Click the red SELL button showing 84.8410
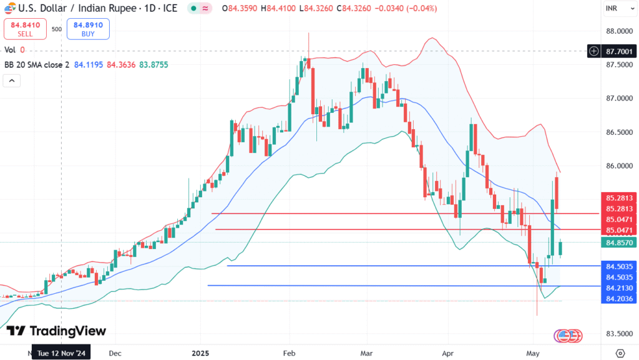click(x=25, y=29)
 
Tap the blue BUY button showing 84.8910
click(x=88, y=29)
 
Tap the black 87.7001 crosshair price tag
click(x=619, y=51)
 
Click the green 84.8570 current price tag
click(x=619, y=242)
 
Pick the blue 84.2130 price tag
click(x=619, y=287)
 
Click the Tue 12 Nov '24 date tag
click(x=61, y=353)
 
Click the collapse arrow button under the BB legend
click(x=12, y=80)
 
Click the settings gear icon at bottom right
click(x=620, y=353)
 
